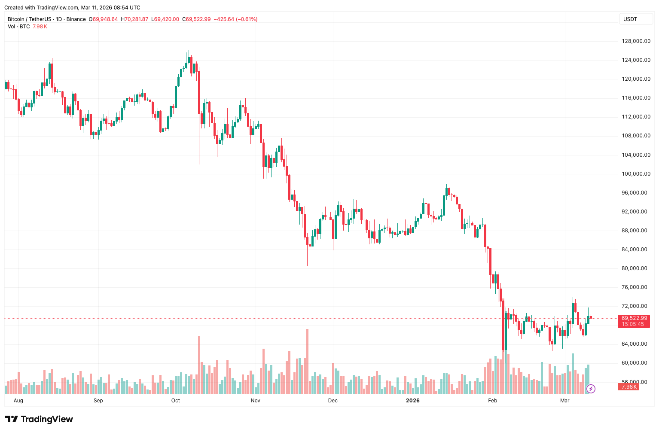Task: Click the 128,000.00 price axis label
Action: (x=636, y=41)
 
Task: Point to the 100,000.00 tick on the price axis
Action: (x=636, y=174)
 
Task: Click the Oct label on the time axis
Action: (x=175, y=401)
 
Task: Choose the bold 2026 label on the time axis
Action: (x=412, y=401)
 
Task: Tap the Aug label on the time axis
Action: (x=18, y=401)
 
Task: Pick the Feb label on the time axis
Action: (x=492, y=401)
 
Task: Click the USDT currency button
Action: (x=630, y=19)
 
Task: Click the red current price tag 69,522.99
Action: (x=634, y=318)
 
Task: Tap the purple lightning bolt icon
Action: (x=591, y=389)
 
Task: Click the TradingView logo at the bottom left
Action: (x=39, y=419)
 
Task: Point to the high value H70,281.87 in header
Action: (x=134, y=19)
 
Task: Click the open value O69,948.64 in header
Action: (x=103, y=19)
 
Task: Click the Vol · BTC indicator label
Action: (x=19, y=27)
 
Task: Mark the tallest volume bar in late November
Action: (x=307, y=361)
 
